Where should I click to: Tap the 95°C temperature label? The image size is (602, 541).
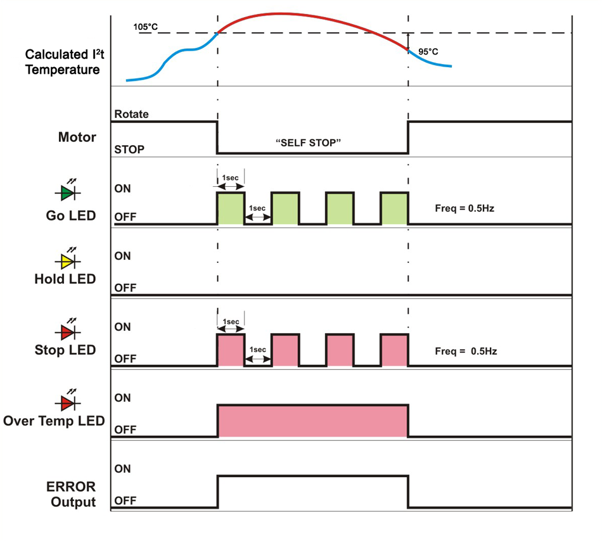click(428, 51)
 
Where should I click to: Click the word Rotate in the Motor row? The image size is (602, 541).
click(132, 114)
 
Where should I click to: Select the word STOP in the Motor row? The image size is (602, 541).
click(129, 150)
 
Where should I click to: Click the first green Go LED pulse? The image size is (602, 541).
click(231, 208)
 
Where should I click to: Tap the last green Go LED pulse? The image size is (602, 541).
click(394, 208)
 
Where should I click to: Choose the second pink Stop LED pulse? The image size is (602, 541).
click(285, 350)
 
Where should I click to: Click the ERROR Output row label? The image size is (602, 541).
click(71, 494)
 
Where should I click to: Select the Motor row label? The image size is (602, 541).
click(77, 137)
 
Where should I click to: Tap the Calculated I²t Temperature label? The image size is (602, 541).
click(62, 61)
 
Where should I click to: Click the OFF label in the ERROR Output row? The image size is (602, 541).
click(125, 500)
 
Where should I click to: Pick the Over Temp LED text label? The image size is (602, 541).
click(54, 421)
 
